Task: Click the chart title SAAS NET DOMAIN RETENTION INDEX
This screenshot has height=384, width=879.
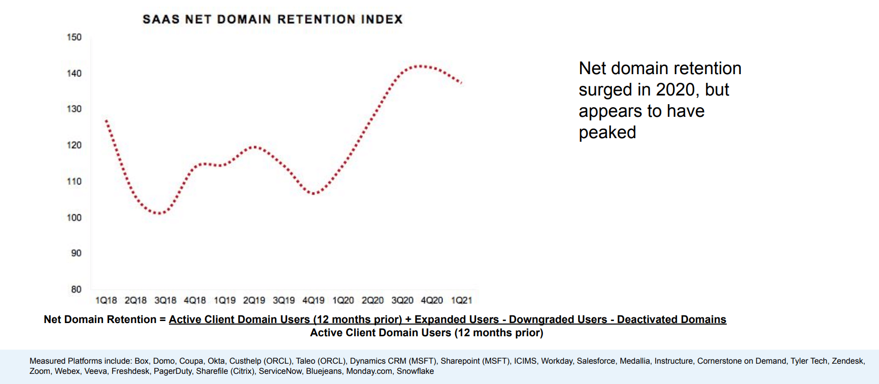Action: coord(273,19)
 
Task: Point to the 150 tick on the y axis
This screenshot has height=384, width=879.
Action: coord(74,37)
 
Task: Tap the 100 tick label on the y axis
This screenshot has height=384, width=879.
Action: coord(74,217)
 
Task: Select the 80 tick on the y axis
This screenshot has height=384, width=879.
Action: coord(76,289)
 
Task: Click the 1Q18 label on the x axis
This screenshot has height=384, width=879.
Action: coord(106,300)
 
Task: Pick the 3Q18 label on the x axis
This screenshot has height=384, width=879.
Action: coord(165,300)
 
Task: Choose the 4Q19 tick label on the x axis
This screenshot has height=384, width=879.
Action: coord(313,300)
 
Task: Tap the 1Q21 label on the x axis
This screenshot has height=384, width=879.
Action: coord(461,300)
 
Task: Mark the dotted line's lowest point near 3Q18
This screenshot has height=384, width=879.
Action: coord(159,213)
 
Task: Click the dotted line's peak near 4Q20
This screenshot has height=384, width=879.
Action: coord(419,66)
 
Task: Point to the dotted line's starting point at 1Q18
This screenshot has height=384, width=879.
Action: coord(106,120)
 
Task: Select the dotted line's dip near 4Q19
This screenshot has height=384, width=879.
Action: coord(314,193)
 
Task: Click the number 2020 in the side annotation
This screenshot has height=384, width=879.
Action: coord(675,90)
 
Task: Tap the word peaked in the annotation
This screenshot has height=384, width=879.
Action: coord(607,133)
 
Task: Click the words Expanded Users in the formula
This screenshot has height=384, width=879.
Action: coord(456,319)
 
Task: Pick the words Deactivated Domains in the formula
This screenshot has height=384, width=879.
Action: coord(671,319)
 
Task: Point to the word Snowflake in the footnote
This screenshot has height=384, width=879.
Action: coord(415,371)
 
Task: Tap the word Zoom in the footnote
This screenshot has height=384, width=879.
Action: coord(40,371)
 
